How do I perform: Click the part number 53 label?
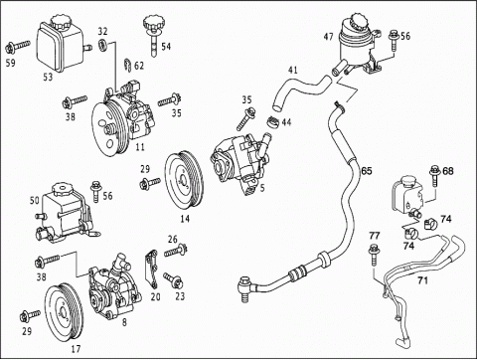(x=48, y=77)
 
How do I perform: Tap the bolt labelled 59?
(x=17, y=47)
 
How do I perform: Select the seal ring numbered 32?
(x=103, y=45)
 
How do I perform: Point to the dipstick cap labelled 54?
(x=153, y=35)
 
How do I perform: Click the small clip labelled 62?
(x=128, y=65)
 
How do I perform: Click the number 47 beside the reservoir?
(x=328, y=36)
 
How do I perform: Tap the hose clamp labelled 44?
(x=272, y=121)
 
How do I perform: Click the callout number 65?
(x=367, y=171)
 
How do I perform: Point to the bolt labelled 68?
(x=434, y=176)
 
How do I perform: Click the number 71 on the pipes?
(x=422, y=280)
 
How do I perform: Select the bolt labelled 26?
(x=176, y=251)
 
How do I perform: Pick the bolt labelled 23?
(x=173, y=280)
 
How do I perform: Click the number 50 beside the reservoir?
(x=35, y=200)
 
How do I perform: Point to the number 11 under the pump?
(x=140, y=146)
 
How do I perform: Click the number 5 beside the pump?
(x=262, y=188)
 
